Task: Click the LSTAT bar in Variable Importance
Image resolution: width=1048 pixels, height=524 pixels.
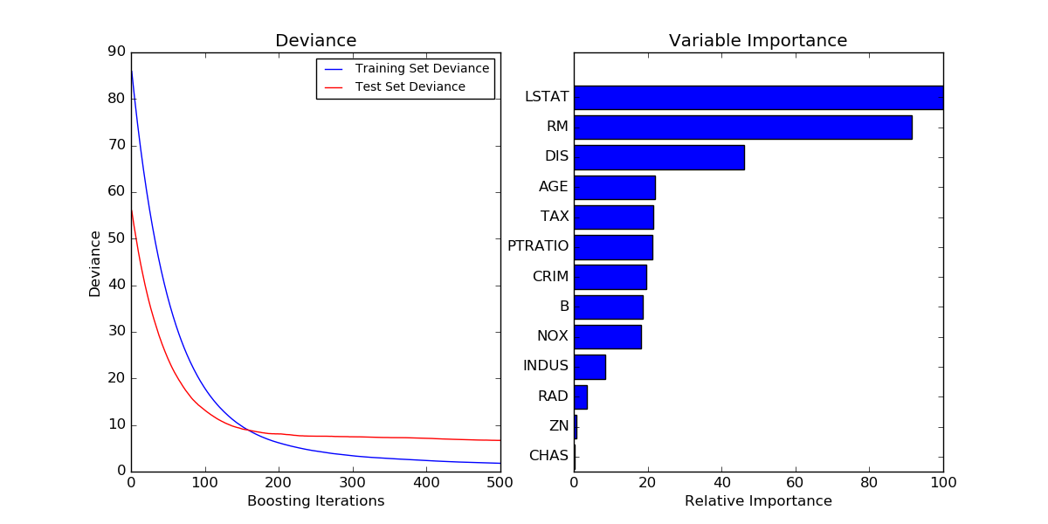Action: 758,97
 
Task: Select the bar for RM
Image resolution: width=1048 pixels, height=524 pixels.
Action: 742,127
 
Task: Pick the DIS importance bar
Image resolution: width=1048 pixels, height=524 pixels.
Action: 658,157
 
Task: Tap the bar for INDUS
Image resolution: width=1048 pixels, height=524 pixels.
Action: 589,366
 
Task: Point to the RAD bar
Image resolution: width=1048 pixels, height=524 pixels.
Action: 581,396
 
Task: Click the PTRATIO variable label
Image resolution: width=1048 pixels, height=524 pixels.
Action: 538,246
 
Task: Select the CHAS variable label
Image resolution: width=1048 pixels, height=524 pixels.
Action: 548,456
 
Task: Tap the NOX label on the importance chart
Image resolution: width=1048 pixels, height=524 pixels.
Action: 552,336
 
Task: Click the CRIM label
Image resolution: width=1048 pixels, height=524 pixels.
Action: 550,277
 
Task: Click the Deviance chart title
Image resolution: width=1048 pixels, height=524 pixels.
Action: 315,41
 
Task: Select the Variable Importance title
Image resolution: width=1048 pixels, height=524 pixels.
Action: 758,41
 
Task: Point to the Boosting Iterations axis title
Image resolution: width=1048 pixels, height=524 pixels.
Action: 315,501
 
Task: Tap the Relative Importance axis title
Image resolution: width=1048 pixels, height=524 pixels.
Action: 758,501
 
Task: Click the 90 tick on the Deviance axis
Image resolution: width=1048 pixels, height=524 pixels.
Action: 116,52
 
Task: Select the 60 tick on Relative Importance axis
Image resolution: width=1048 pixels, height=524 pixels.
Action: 795,481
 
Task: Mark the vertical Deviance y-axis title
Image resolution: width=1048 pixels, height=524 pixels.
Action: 94,263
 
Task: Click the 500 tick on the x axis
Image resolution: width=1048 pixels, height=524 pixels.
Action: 500,481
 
